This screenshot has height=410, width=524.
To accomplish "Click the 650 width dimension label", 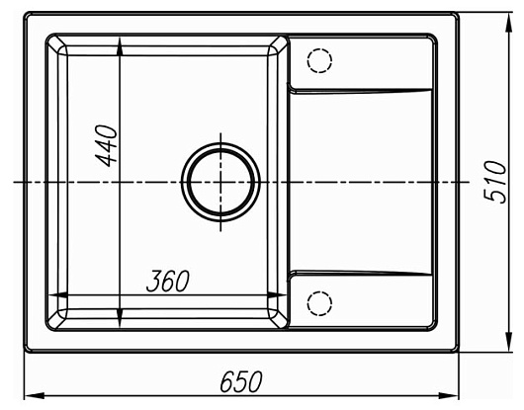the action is [x=241, y=381].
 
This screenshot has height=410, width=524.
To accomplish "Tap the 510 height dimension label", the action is [x=495, y=182].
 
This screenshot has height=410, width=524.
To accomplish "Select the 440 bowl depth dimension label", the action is [x=106, y=145].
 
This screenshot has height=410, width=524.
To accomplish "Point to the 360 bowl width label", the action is [x=168, y=281].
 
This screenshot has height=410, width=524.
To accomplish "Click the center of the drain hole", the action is [x=220, y=182].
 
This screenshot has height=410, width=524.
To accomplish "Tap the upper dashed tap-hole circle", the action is [x=319, y=60].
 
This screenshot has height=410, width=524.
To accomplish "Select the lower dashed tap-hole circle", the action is [x=319, y=303].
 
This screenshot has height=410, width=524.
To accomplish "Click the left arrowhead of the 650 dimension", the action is [x=35, y=395].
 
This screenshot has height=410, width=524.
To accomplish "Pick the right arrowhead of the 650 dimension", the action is [x=449, y=395].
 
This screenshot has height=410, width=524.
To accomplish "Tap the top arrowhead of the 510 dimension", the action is [x=508, y=23].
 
